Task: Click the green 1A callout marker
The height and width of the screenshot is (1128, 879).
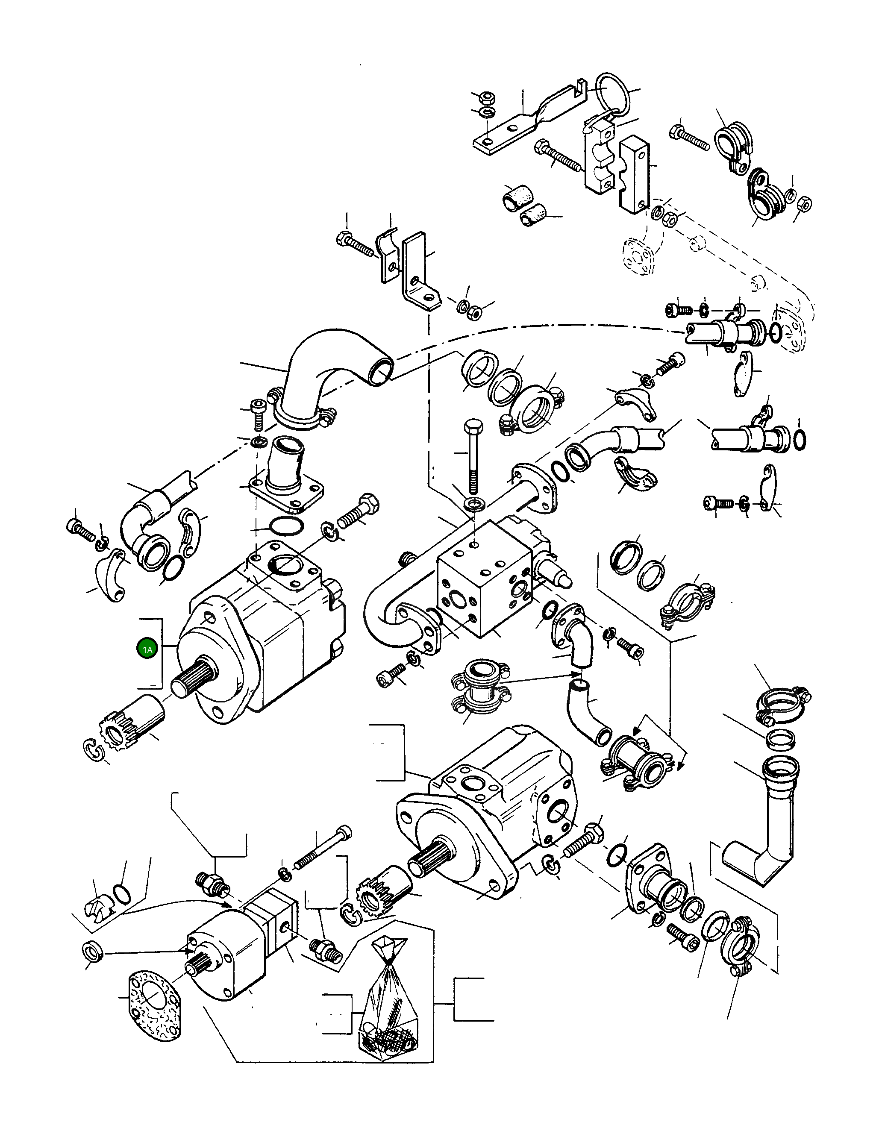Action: click(x=147, y=649)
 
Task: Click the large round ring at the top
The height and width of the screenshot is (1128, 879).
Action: click(x=613, y=94)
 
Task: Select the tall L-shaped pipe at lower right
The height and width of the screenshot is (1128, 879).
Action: click(x=770, y=831)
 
